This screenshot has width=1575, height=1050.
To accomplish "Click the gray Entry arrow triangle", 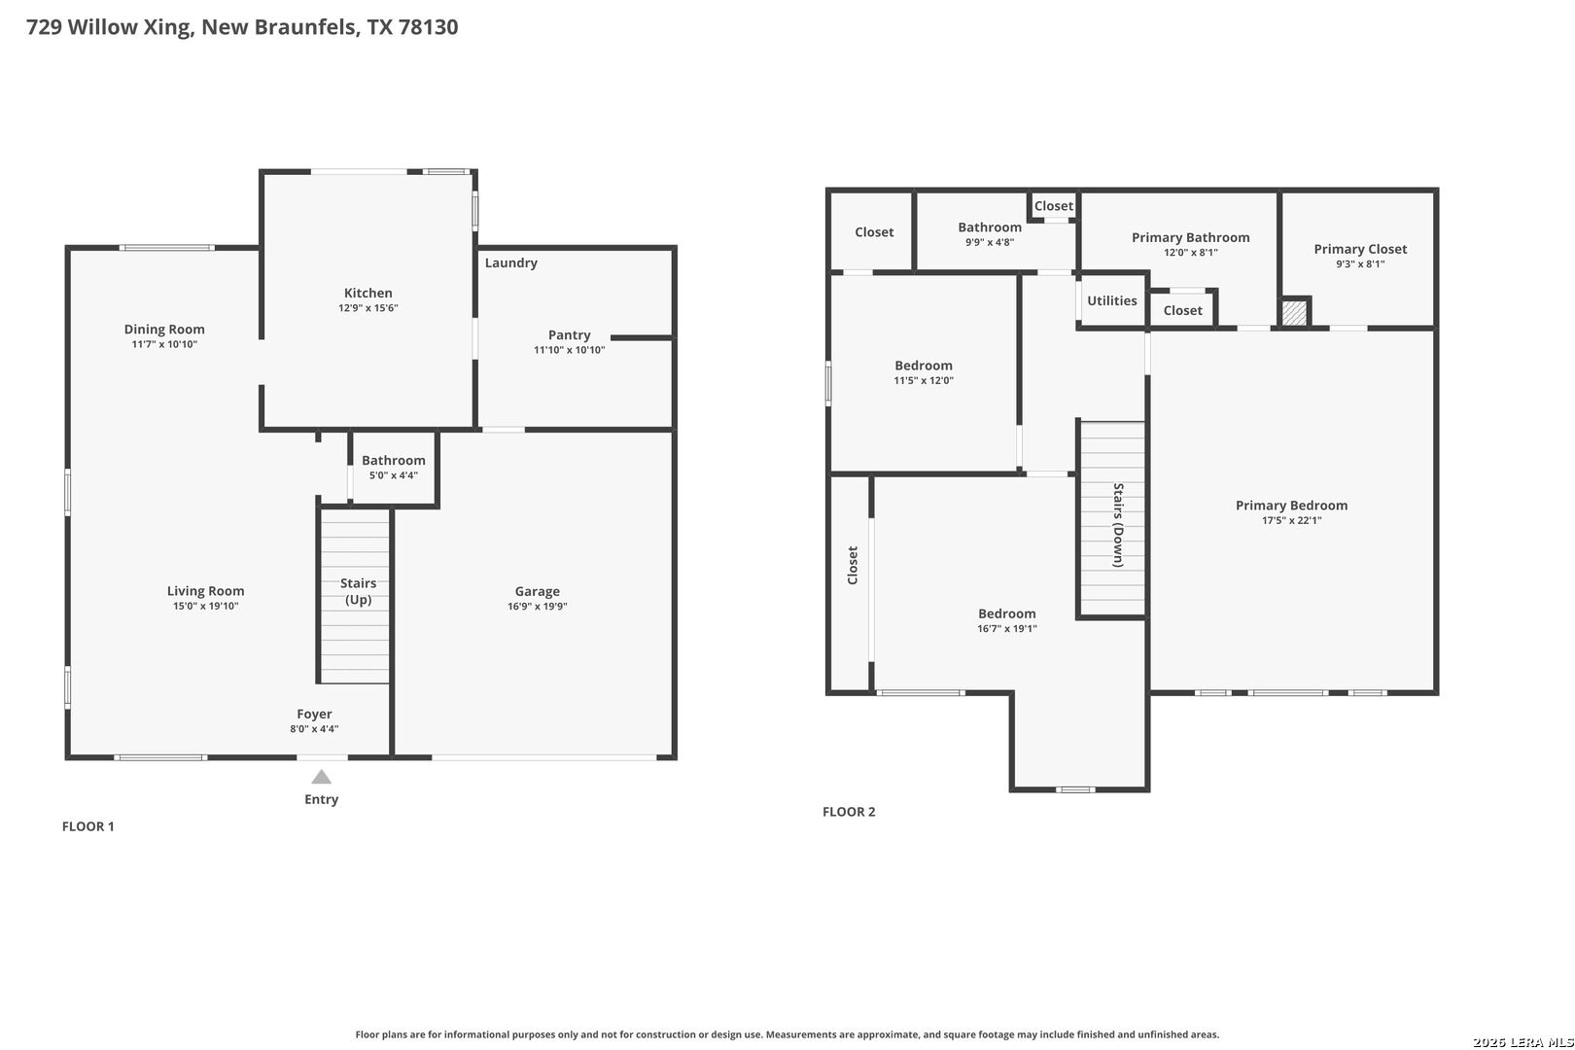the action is (x=322, y=777).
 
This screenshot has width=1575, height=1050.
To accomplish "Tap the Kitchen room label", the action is (x=367, y=293).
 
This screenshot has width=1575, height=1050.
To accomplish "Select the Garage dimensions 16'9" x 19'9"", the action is (x=538, y=607).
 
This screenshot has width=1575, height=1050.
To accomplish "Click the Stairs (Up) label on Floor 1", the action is (x=358, y=591).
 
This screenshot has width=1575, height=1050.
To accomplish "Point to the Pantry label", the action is (x=570, y=334).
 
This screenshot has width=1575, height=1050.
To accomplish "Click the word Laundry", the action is (x=511, y=262).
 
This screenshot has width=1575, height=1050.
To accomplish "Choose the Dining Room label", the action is (x=164, y=329).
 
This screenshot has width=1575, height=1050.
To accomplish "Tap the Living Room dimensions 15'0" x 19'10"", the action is (x=206, y=607).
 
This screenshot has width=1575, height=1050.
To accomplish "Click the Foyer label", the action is (x=314, y=714).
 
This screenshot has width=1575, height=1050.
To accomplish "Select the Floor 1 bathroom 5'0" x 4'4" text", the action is (x=394, y=475).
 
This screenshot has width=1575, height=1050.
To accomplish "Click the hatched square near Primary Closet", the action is (x=1294, y=313).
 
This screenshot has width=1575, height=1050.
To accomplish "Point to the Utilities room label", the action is (x=1111, y=300).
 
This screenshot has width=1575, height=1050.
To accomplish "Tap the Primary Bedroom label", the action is (x=1292, y=505).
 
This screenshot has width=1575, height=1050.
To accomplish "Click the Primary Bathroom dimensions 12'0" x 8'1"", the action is (x=1190, y=253).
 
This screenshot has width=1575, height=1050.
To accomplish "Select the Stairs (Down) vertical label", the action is (x=1118, y=525).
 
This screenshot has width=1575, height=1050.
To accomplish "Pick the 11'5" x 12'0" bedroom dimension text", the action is (x=924, y=380).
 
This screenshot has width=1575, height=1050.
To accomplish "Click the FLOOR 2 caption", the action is (x=849, y=812).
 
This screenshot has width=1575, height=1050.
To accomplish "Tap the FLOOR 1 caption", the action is (x=87, y=826).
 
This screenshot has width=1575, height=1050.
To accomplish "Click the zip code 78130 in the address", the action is (x=428, y=26).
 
